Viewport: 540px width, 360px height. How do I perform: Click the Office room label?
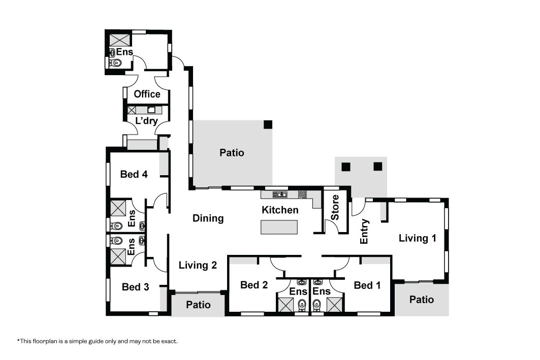(147, 94)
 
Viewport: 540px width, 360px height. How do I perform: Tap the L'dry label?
(147, 120)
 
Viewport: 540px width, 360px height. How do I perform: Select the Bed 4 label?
(134, 174)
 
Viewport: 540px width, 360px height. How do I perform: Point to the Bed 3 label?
(135, 287)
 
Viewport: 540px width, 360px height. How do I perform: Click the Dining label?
(208, 218)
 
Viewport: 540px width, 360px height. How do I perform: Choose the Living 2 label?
(198, 265)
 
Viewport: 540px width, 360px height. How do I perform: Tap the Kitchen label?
(280, 210)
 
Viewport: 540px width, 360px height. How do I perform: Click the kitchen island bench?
(279, 227)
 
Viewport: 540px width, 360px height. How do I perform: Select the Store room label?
(335, 208)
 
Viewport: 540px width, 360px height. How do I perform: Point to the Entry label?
(364, 231)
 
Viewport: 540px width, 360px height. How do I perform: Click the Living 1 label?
(418, 238)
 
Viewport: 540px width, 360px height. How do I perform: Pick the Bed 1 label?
(367, 285)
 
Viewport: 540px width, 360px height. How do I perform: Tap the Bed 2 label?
(254, 285)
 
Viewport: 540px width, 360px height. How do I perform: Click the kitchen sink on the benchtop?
(280, 195)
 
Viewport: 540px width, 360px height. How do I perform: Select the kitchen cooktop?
(302, 194)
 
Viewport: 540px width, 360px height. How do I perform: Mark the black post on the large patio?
(268, 124)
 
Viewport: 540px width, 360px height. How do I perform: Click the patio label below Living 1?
(422, 300)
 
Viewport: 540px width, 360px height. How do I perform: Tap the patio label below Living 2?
(198, 305)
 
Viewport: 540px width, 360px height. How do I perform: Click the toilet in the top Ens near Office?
(116, 63)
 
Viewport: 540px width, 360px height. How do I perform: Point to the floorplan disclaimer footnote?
(98, 341)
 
